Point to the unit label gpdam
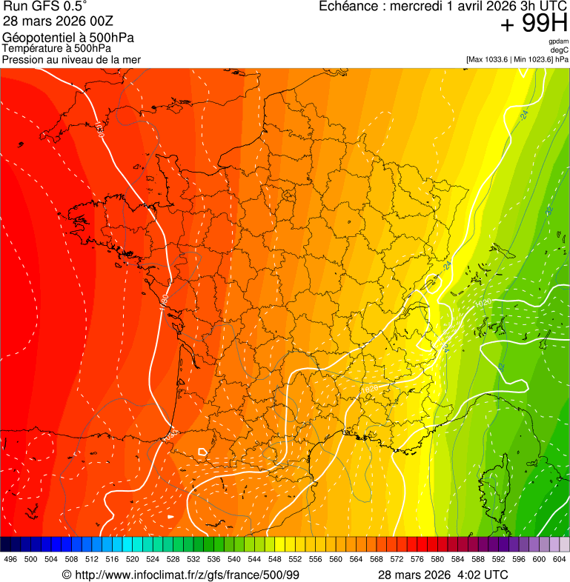(558, 41)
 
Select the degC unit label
(560, 50)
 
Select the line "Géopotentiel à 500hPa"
(68, 38)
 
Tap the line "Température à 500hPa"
(56, 48)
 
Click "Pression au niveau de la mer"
(71, 59)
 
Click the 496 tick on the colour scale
(10, 560)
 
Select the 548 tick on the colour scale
(274, 560)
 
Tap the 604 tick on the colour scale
(559, 560)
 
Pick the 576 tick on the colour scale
(417, 560)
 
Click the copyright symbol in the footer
(67, 575)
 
